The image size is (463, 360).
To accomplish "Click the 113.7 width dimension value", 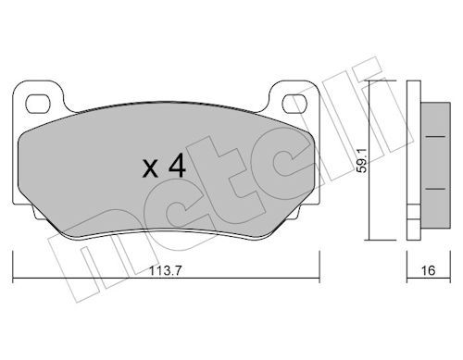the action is pyautogui.click(x=166, y=271).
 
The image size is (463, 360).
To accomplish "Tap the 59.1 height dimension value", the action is pyautogui.click(x=361, y=160).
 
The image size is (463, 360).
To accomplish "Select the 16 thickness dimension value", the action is pyautogui.click(x=428, y=270).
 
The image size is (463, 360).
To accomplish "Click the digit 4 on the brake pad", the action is pyautogui.click(x=177, y=166).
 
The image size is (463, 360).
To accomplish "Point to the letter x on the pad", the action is pyautogui.click(x=150, y=169).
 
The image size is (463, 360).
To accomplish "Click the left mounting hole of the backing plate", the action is pyautogui.click(x=38, y=104).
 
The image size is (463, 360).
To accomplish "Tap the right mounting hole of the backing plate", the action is pyautogui.click(x=294, y=104).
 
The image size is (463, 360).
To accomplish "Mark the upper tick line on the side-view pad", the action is pyautogui.click(x=435, y=136).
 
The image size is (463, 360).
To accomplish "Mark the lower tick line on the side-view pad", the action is pyautogui.click(x=435, y=188).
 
